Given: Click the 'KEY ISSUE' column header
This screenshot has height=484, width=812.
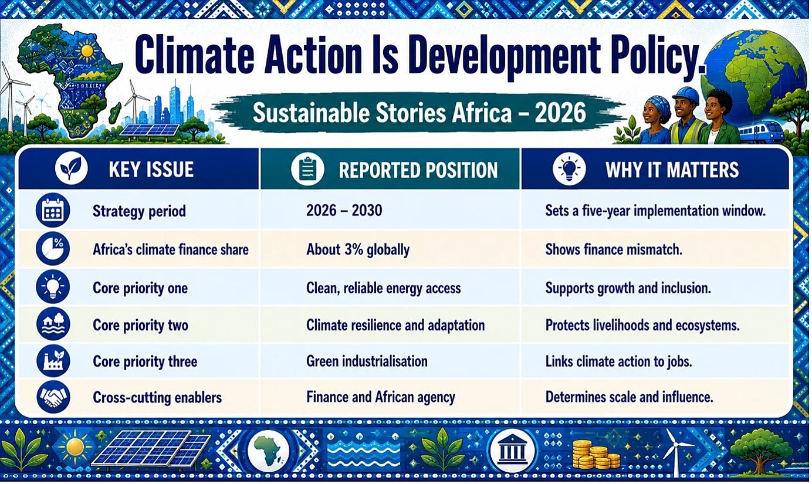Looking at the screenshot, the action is pos(151,170).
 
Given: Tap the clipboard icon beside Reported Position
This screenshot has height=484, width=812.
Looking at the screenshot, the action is pos(307,169).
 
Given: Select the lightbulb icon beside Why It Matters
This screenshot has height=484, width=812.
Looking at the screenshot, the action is pos(569,169).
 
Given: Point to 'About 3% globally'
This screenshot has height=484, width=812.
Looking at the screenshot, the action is pos(358,249).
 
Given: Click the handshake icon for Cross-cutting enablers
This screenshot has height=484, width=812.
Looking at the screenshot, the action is pos(53,397).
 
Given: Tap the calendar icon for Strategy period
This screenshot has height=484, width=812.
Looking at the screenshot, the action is pos(53,210).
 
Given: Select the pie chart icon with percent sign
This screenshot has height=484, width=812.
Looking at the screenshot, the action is pos(53,249).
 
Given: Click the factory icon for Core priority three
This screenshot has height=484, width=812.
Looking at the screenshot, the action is pos(53,361).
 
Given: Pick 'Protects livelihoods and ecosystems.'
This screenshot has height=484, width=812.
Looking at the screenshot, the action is pos(642,325).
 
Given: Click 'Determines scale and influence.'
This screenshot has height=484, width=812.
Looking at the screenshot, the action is pos(630,397).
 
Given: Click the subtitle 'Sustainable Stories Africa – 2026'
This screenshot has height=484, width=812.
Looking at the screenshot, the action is pos(419,113).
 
